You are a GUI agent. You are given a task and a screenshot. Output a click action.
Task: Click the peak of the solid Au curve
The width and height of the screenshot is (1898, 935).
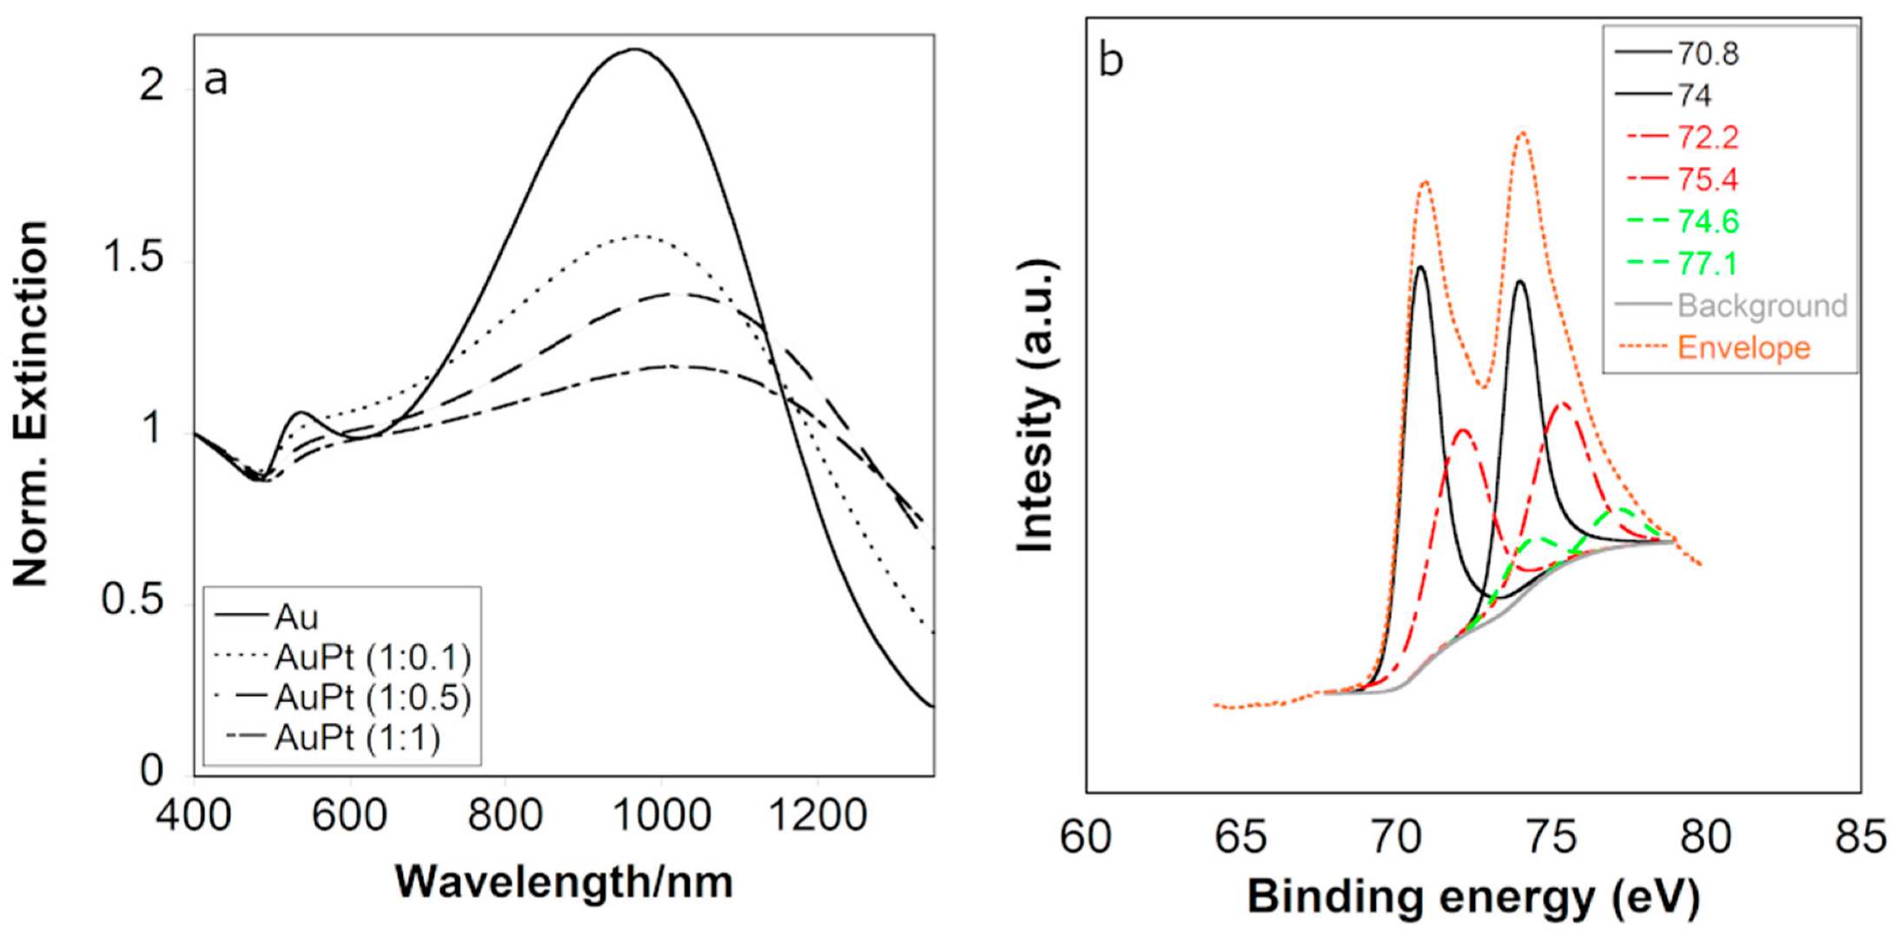pyautogui.click(x=634, y=50)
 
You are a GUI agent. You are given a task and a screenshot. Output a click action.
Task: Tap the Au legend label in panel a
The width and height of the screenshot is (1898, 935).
pyautogui.click(x=296, y=617)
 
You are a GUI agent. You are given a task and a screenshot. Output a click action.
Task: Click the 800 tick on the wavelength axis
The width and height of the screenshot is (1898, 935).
pyautogui.click(x=505, y=815)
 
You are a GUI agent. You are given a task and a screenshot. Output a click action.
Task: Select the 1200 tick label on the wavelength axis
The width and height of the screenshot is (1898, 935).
pyautogui.click(x=817, y=815)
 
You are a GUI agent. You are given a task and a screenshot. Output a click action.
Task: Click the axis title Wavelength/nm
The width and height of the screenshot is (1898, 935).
pyautogui.click(x=564, y=882)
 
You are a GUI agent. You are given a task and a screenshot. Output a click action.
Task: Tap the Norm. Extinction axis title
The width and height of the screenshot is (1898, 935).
pyautogui.click(x=30, y=404)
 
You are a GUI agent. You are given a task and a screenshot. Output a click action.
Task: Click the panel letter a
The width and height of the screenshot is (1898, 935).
pyautogui.click(x=215, y=81)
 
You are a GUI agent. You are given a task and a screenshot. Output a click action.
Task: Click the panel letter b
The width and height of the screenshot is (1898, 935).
pyautogui.click(x=1110, y=61)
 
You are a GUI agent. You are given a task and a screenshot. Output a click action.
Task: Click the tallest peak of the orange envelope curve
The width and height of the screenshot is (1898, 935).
pyautogui.click(x=1522, y=133)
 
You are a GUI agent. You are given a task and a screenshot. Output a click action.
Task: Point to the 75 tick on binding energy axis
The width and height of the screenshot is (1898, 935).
pyautogui.click(x=1551, y=837)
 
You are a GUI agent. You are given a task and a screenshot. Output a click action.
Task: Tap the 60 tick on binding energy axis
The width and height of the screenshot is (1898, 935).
pyautogui.click(x=1086, y=837)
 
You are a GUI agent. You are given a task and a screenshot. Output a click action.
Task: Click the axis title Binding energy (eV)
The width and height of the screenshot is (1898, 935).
pyautogui.click(x=1473, y=897)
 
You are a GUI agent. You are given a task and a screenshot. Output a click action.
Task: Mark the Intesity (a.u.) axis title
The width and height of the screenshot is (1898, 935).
pyautogui.click(x=1035, y=404)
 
